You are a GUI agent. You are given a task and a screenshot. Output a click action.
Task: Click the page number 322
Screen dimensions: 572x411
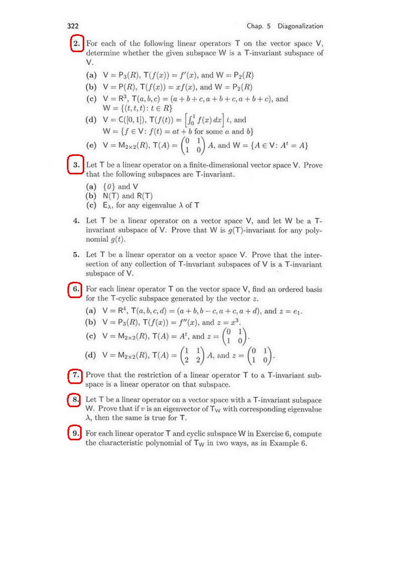point(73,26)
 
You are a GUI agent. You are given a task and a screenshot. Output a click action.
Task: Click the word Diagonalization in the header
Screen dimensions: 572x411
point(300,26)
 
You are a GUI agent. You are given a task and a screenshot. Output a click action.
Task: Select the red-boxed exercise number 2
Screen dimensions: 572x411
point(77,43)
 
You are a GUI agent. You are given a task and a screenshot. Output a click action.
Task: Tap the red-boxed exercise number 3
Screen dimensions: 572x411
point(76,165)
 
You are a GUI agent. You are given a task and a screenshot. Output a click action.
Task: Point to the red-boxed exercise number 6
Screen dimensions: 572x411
point(76,289)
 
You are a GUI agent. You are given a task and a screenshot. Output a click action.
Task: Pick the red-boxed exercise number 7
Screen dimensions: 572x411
point(76,376)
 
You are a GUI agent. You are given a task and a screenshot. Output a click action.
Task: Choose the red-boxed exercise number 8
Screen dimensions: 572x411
point(76,400)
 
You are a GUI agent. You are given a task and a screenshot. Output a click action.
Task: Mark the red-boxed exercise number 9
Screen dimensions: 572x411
point(76,433)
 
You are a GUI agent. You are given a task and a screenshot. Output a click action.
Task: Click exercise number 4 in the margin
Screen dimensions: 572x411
point(77,221)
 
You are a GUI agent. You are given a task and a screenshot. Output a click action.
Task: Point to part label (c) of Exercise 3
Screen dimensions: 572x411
point(91,205)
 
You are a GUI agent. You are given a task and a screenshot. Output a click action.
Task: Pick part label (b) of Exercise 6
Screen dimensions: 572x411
point(91,322)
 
